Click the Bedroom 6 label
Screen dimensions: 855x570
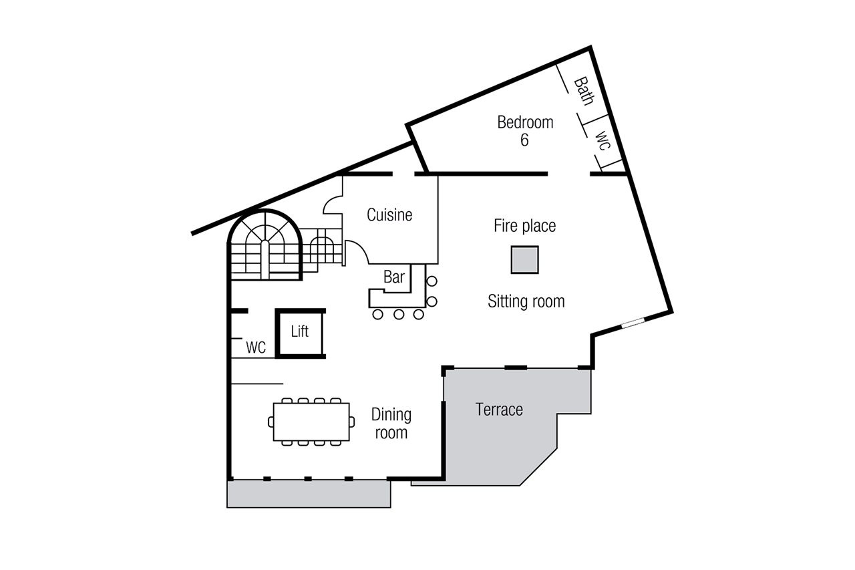point(525,131)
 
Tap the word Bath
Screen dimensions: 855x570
point(584,92)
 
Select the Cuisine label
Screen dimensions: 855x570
point(389,215)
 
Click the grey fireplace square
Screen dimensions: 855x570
point(525,260)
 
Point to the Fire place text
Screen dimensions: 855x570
point(525,226)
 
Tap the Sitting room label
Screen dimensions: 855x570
point(526,301)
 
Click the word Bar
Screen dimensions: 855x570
point(394,277)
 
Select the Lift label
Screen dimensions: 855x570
point(299,331)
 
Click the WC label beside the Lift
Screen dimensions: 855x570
point(256,347)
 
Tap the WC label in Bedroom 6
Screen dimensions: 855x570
point(603,140)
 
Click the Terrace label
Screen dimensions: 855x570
point(499,410)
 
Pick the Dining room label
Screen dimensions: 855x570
point(391,424)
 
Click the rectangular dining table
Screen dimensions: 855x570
point(311,422)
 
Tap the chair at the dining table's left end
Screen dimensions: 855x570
point(271,422)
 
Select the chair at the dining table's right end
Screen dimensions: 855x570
point(352,422)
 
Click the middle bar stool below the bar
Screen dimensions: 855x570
point(399,315)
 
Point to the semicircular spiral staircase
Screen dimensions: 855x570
point(265,245)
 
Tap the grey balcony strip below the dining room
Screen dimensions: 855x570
point(309,494)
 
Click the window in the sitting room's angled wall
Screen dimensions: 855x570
point(633,323)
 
